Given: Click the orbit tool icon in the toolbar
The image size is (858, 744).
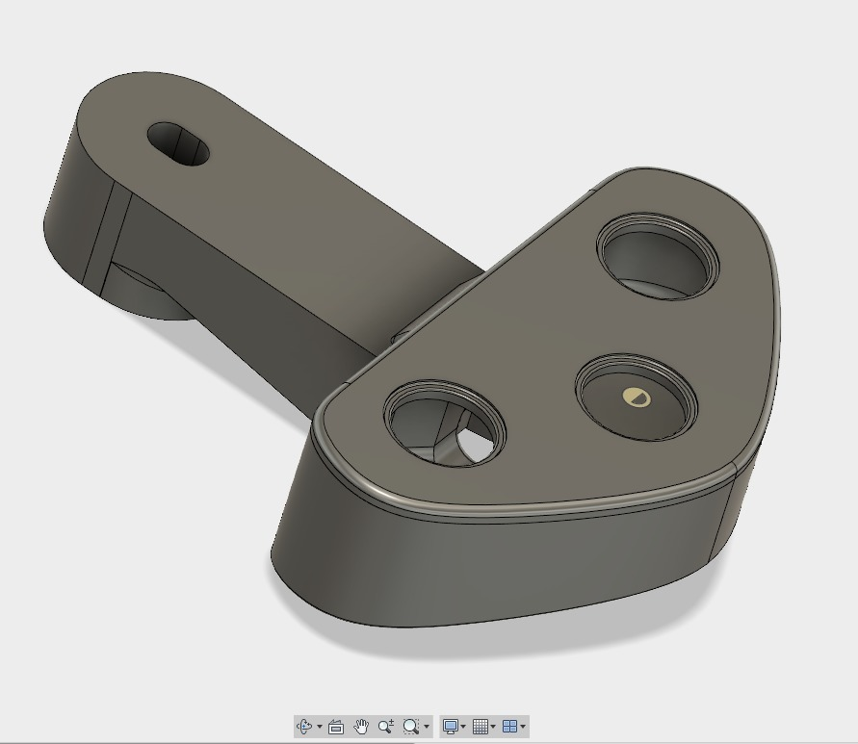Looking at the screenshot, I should [305, 727].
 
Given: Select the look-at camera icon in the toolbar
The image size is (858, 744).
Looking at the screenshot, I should [336, 727].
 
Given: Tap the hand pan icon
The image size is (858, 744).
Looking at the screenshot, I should [361, 727].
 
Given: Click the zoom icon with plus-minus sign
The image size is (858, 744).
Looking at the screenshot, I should [386, 727].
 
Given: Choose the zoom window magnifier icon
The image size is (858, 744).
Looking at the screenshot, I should [411, 727].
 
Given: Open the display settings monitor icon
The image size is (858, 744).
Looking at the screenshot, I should [450, 727].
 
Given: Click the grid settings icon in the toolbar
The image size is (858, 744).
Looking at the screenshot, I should [480, 727].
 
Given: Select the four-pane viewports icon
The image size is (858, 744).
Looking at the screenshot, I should [509, 727].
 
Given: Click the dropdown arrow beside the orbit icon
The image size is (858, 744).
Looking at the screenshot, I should [320, 728].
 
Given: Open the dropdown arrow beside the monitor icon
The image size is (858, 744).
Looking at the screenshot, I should [463, 728].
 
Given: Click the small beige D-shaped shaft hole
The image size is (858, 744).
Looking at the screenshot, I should [636, 397].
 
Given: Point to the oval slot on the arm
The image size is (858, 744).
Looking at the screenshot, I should [178, 143].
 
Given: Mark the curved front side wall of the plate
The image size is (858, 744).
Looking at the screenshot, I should [501, 568].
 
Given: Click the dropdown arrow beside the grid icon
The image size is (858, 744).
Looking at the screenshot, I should [493, 728].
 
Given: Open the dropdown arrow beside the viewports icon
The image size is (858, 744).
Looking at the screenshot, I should [523, 728].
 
